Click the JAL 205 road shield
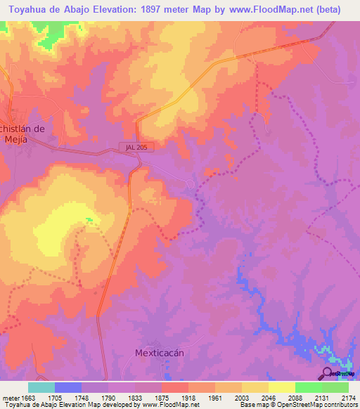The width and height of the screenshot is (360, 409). (x=132, y=148)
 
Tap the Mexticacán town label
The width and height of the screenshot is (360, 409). (x=159, y=353)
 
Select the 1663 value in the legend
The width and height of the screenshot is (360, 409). (x=28, y=396)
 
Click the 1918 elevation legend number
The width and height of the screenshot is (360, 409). (x=188, y=396)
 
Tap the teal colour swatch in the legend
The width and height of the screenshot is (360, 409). (x=41, y=387)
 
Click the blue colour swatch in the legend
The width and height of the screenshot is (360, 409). (x=68, y=387)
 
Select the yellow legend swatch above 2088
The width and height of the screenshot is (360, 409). (x=282, y=387)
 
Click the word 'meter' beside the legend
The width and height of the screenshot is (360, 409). (x=9, y=396)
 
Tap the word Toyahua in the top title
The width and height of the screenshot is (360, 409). (x=30, y=10)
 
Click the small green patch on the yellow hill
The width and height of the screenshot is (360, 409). (x=89, y=221)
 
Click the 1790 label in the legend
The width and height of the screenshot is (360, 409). (x=108, y=396)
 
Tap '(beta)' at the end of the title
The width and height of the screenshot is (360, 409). (x=326, y=10)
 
